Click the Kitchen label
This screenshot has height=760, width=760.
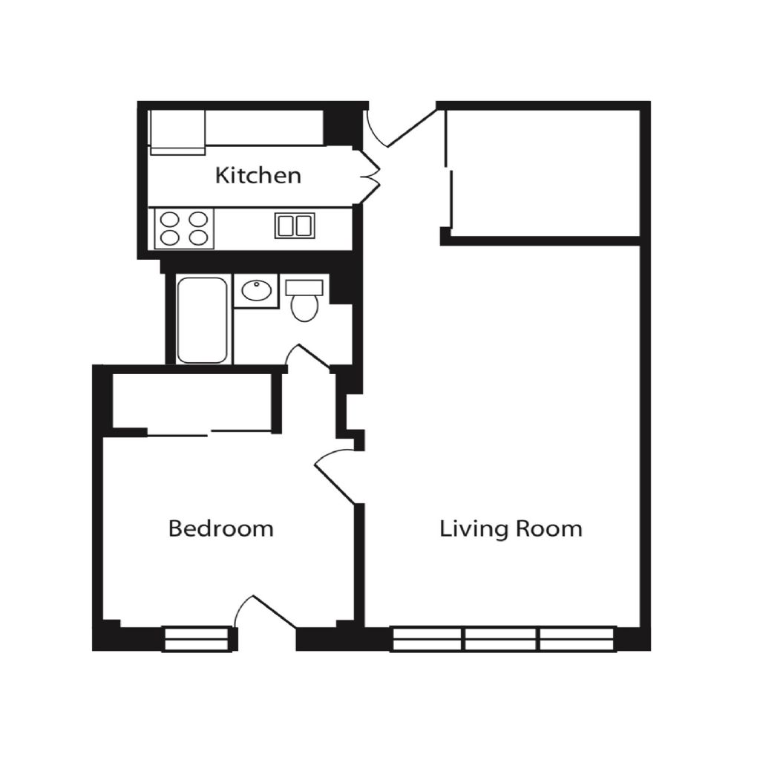[x=258, y=175]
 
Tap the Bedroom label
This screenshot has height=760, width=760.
[x=221, y=528]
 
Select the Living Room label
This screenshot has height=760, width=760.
[x=511, y=528]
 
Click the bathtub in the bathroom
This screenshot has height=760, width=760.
[x=202, y=320]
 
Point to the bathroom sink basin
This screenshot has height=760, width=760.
[x=256, y=290]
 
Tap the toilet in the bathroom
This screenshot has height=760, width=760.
[x=304, y=301]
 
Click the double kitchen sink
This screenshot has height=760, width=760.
[x=295, y=226]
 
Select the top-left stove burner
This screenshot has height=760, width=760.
[x=170, y=220]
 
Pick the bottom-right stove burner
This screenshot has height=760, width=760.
[x=198, y=237]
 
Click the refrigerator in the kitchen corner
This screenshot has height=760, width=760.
[x=177, y=132]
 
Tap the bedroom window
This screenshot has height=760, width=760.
[x=196, y=639]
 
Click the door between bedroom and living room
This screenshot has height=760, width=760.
[x=335, y=477]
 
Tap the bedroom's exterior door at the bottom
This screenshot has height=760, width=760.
[x=265, y=612]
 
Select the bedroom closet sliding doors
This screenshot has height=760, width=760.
[x=209, y=433]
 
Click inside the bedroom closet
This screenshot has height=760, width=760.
[x=191, y=402]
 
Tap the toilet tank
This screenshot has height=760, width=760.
[x=304, y=287]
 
